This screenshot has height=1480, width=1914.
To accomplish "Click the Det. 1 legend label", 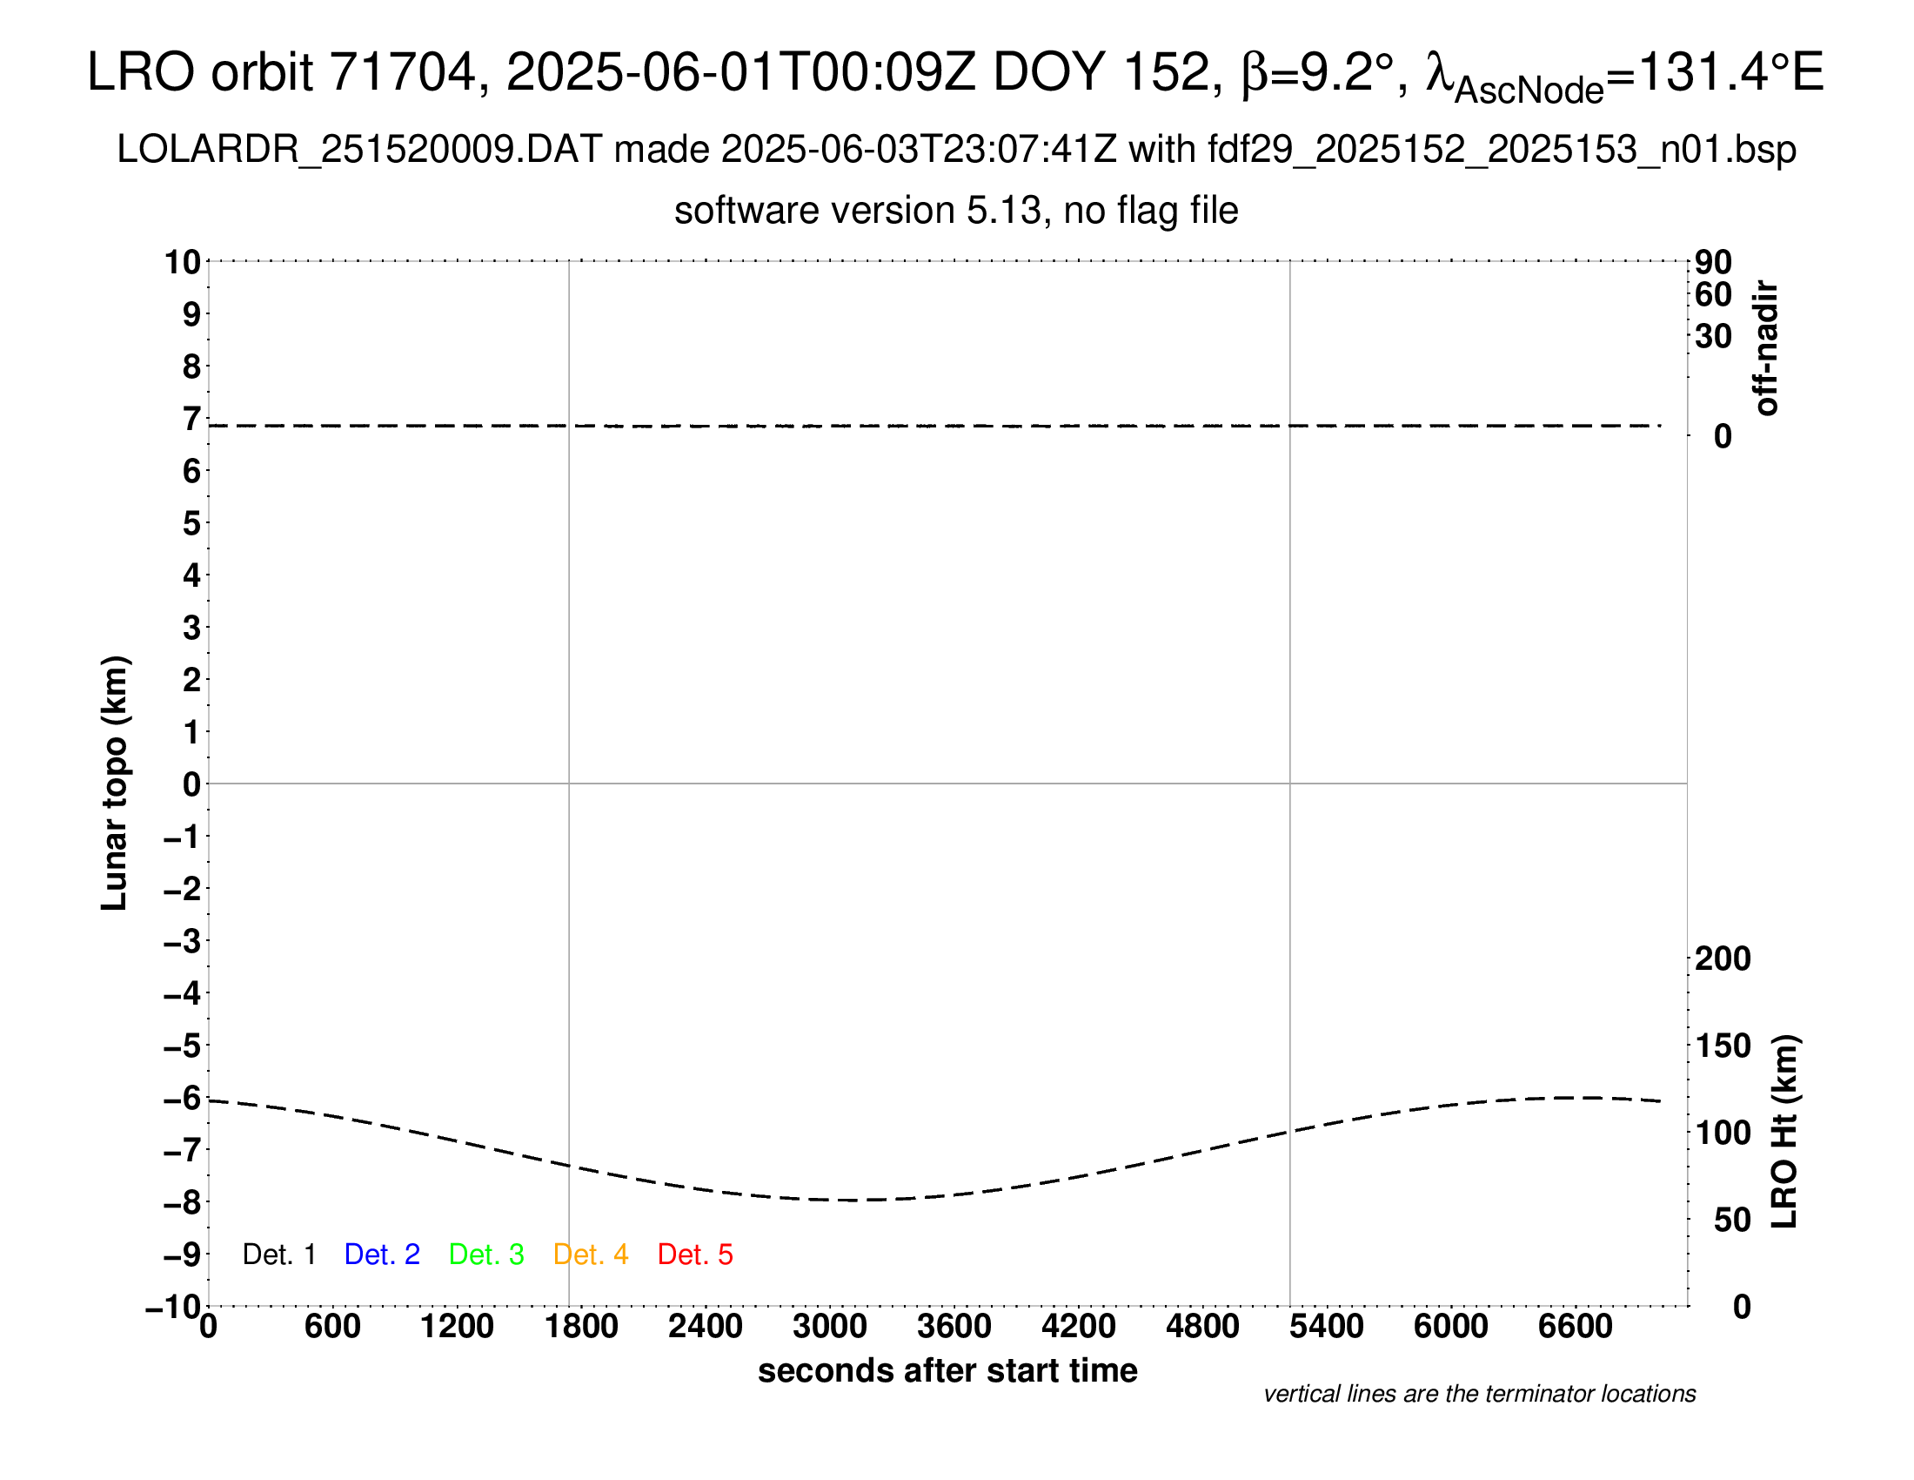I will click(x=278, y=1255).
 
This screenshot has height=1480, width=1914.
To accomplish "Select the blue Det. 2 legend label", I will click(x=382, y=1255).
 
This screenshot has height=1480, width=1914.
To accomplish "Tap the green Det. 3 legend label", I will click(x=486, y=1255).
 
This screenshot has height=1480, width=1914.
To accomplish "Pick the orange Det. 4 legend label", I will click(x=591, y=1255).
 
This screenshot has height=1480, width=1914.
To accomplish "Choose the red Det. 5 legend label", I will click(x=695, y=1255).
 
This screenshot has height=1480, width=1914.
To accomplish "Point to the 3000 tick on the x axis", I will click(x=830, y=1326).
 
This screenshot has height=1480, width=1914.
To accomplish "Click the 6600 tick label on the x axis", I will click(x=1575, y=1326).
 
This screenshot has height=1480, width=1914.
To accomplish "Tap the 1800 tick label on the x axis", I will click(x=581, y=1326).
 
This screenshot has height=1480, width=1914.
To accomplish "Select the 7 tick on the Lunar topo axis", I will click(x=191, y=419).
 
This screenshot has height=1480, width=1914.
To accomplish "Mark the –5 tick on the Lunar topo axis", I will click(x=183, y=1046).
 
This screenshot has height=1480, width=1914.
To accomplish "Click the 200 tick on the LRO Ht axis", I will click(x=1723, y=959).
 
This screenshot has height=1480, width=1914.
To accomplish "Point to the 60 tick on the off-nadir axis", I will click(x=1713, y=294).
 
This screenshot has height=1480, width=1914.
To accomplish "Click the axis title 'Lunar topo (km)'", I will click(x=115, y=783).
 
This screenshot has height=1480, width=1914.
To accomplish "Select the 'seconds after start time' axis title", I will click(x=947, y=1370).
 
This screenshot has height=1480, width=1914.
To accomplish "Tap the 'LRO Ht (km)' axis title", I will click(x=1784, y=1132).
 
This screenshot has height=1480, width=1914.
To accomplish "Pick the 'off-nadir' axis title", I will click(x=1766, y=348).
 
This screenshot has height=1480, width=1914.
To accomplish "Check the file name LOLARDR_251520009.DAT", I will click(x=359, y=150).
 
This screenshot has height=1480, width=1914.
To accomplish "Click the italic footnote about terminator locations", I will click(x=1479, y=1394).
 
